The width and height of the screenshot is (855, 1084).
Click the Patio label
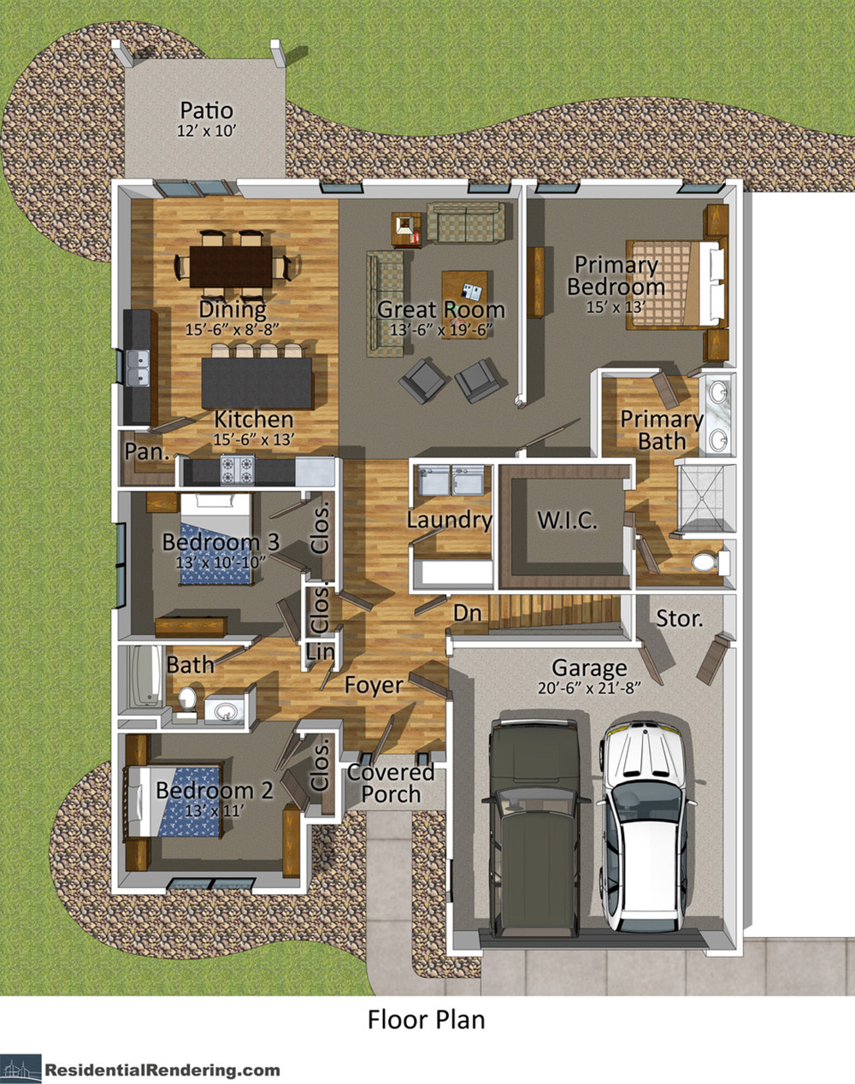[207, 111]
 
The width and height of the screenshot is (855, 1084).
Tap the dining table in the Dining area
[231, 267]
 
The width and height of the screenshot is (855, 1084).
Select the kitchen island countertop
[256, 382]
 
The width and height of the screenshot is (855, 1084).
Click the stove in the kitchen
[237, 469]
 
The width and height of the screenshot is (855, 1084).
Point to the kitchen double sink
[137, 368]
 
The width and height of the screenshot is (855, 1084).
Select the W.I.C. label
[566, 520]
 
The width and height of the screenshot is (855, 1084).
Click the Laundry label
[449, 520]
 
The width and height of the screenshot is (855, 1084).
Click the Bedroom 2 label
[214, 791]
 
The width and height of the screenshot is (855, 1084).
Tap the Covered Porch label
[391, 783]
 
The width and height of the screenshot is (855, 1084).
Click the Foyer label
[374, 685]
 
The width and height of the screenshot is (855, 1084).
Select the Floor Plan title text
[426, 1020]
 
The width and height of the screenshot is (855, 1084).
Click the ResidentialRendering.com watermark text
[162, 1069]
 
